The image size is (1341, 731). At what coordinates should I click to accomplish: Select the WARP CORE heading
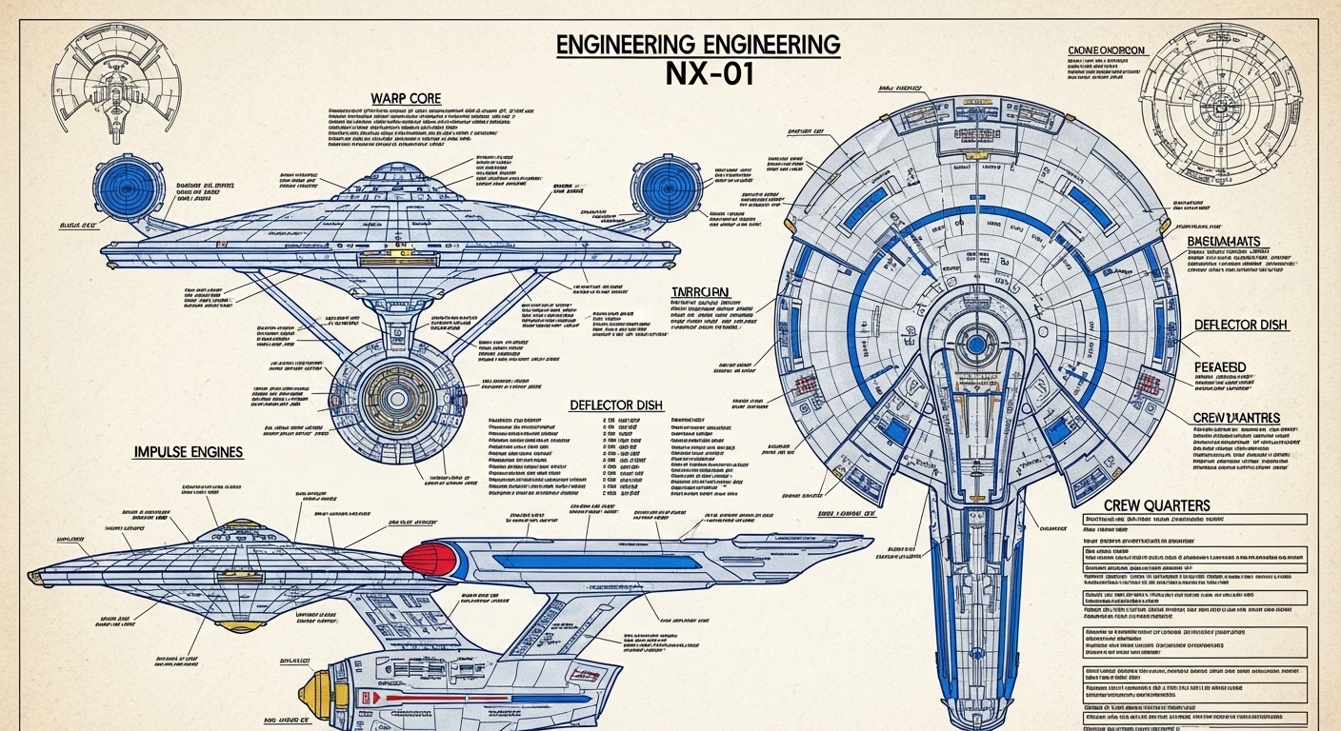pyautogui.click(x=406, y=99)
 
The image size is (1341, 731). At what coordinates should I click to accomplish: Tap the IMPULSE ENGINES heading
pyautogui.click(x=189, y=452)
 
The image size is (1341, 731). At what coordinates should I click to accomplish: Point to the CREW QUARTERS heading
pyautogui.click(x=1157, y=505)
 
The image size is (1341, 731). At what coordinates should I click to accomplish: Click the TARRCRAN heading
pyautogui.click(x=700, y=292)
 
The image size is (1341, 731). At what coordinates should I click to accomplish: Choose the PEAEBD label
pyautogui.click(x=1220, y=366)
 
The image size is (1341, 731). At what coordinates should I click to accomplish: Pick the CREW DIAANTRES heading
pyautogui.click(x=1236, y=418)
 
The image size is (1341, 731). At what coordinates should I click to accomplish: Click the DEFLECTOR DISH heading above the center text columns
pyautogui.click(x=616, y=405)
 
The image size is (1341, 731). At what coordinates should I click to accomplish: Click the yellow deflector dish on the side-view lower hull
pyautogui.click(x=316, y=693)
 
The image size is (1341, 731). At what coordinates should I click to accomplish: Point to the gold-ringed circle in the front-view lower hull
pyautogui.click(x=400, y=390)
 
